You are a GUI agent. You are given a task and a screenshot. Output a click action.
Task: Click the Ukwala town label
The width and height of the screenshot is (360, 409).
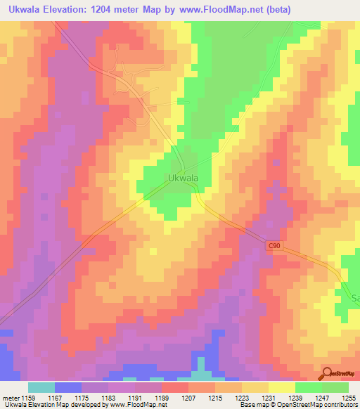tap(183, 178)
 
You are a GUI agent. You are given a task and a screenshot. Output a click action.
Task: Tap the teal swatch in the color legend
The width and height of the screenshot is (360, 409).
tap(41, 387)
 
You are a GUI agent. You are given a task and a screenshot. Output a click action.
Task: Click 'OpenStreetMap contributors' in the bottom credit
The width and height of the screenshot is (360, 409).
tap(316, 405)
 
